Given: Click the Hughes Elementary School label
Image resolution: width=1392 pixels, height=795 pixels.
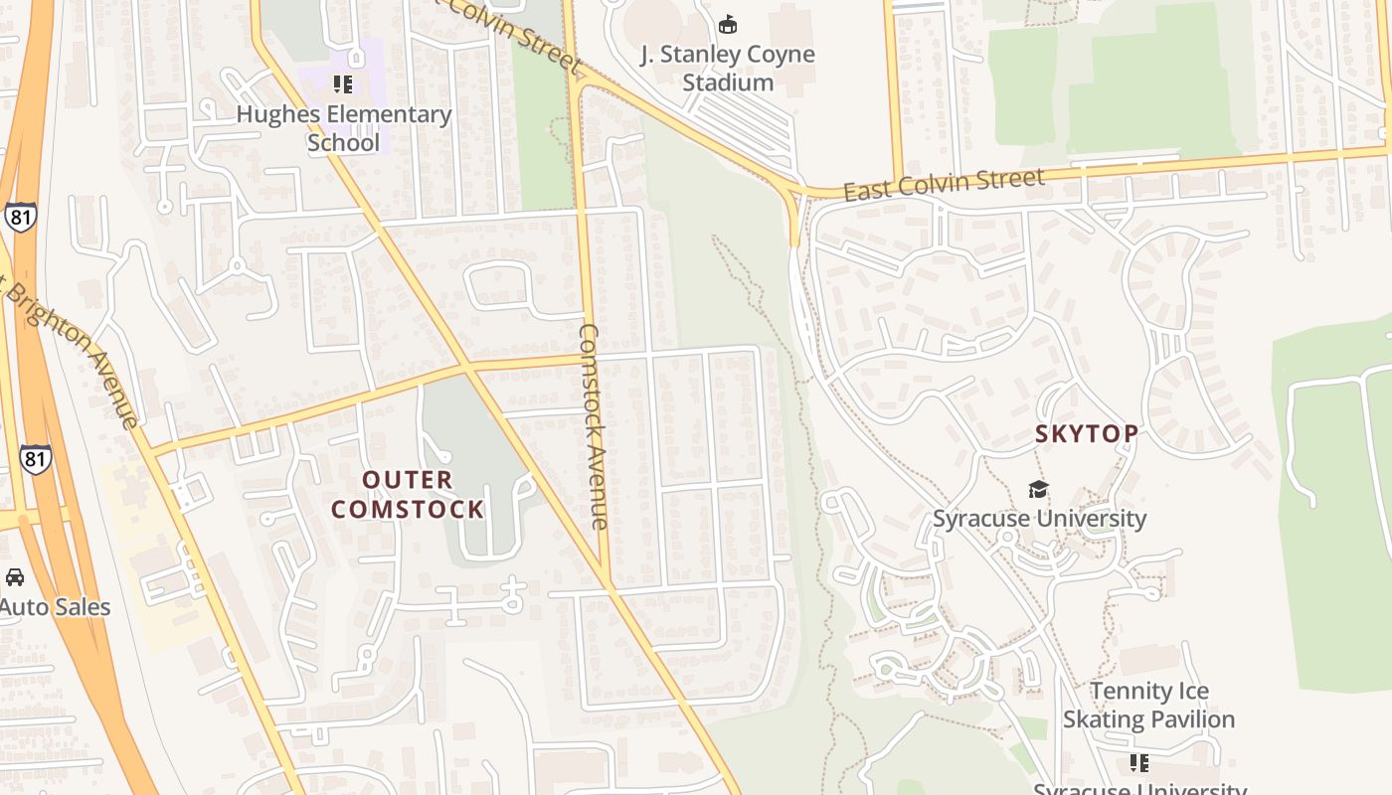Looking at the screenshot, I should point(343,128).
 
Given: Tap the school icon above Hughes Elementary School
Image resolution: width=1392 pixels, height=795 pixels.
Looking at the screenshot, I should point(343,84).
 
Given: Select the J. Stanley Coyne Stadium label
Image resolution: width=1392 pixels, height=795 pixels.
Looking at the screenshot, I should point(728,69).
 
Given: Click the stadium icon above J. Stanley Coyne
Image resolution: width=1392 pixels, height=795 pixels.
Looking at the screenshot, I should point(728,24).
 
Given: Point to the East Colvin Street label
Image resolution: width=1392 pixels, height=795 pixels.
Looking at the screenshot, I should point(944,184).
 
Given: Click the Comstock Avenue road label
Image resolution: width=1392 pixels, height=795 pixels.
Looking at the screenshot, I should point(593,425).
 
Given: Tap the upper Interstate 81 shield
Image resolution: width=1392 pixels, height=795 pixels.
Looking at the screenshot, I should point(20,217).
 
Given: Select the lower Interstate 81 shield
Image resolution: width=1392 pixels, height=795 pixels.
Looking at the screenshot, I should point(35,458).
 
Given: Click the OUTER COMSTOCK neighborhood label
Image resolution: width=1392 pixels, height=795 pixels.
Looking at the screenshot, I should point(408,495).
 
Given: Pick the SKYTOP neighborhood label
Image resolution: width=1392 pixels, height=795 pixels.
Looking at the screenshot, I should point(1087,434).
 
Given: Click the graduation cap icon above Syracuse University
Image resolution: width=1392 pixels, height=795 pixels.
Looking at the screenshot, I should point(1038,489).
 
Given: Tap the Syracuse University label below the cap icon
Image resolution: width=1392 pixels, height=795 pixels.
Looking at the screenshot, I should point(1039,519).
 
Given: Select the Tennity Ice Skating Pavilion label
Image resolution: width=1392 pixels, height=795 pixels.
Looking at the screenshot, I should point(1149,705).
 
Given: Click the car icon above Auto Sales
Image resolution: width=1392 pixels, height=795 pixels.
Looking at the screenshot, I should point(15,577).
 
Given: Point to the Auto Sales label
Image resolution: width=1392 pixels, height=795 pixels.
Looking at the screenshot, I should point(55,607).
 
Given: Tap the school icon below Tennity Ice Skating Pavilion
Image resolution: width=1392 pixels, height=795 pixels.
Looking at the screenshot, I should point(1138,763).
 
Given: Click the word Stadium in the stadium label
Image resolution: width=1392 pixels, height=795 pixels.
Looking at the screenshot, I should point(728,82).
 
